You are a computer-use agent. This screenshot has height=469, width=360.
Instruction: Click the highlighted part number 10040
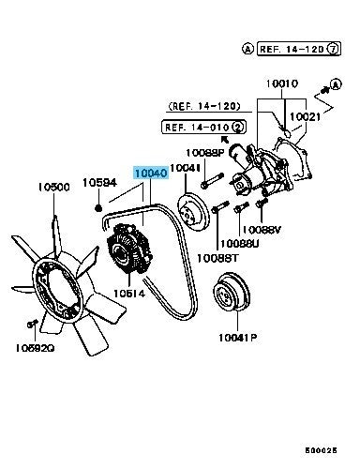151,173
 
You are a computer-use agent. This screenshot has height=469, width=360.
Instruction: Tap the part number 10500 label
53,187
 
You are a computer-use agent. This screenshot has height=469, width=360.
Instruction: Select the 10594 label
99,182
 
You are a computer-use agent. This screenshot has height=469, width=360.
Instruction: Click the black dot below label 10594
98,207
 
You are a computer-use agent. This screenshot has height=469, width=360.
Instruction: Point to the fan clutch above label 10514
129,250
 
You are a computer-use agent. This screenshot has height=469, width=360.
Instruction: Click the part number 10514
129,294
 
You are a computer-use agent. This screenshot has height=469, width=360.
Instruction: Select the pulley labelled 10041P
232,292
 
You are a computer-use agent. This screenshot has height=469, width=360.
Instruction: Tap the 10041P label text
237,338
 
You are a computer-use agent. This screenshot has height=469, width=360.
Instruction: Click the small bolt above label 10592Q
32,324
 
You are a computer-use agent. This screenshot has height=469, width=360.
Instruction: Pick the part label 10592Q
35,348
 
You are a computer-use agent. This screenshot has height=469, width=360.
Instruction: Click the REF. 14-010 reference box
203,128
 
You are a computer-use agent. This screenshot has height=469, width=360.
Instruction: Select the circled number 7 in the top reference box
333,49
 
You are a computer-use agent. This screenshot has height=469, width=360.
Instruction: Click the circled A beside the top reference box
247,49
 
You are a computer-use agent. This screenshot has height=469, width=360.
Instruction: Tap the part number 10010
282,83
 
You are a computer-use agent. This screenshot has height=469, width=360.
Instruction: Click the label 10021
306,117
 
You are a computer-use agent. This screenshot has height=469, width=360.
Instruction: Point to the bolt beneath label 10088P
213,181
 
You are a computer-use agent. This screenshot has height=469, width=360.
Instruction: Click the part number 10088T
217,258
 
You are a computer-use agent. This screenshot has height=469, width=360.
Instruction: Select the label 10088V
262,230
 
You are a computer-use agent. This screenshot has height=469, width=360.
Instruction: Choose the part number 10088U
240,244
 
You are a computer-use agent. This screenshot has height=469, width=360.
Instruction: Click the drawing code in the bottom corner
321,450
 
